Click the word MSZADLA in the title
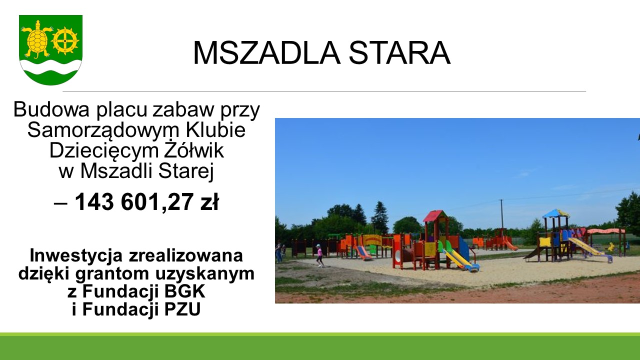click(267, 53)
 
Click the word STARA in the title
click(399, 53)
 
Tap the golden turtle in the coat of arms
click(37, 39)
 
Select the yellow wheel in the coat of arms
click(65, 41)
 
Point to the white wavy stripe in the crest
click(51, 67)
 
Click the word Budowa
click(51, 109)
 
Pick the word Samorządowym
click(103, 130)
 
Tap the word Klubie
click(215, 129)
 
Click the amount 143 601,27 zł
click(147, 201)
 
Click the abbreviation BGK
click(184, 291)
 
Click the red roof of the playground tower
click(435, 215)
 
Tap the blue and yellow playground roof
click(555, 213)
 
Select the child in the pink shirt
click(319, 255)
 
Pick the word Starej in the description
click(186, 171)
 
